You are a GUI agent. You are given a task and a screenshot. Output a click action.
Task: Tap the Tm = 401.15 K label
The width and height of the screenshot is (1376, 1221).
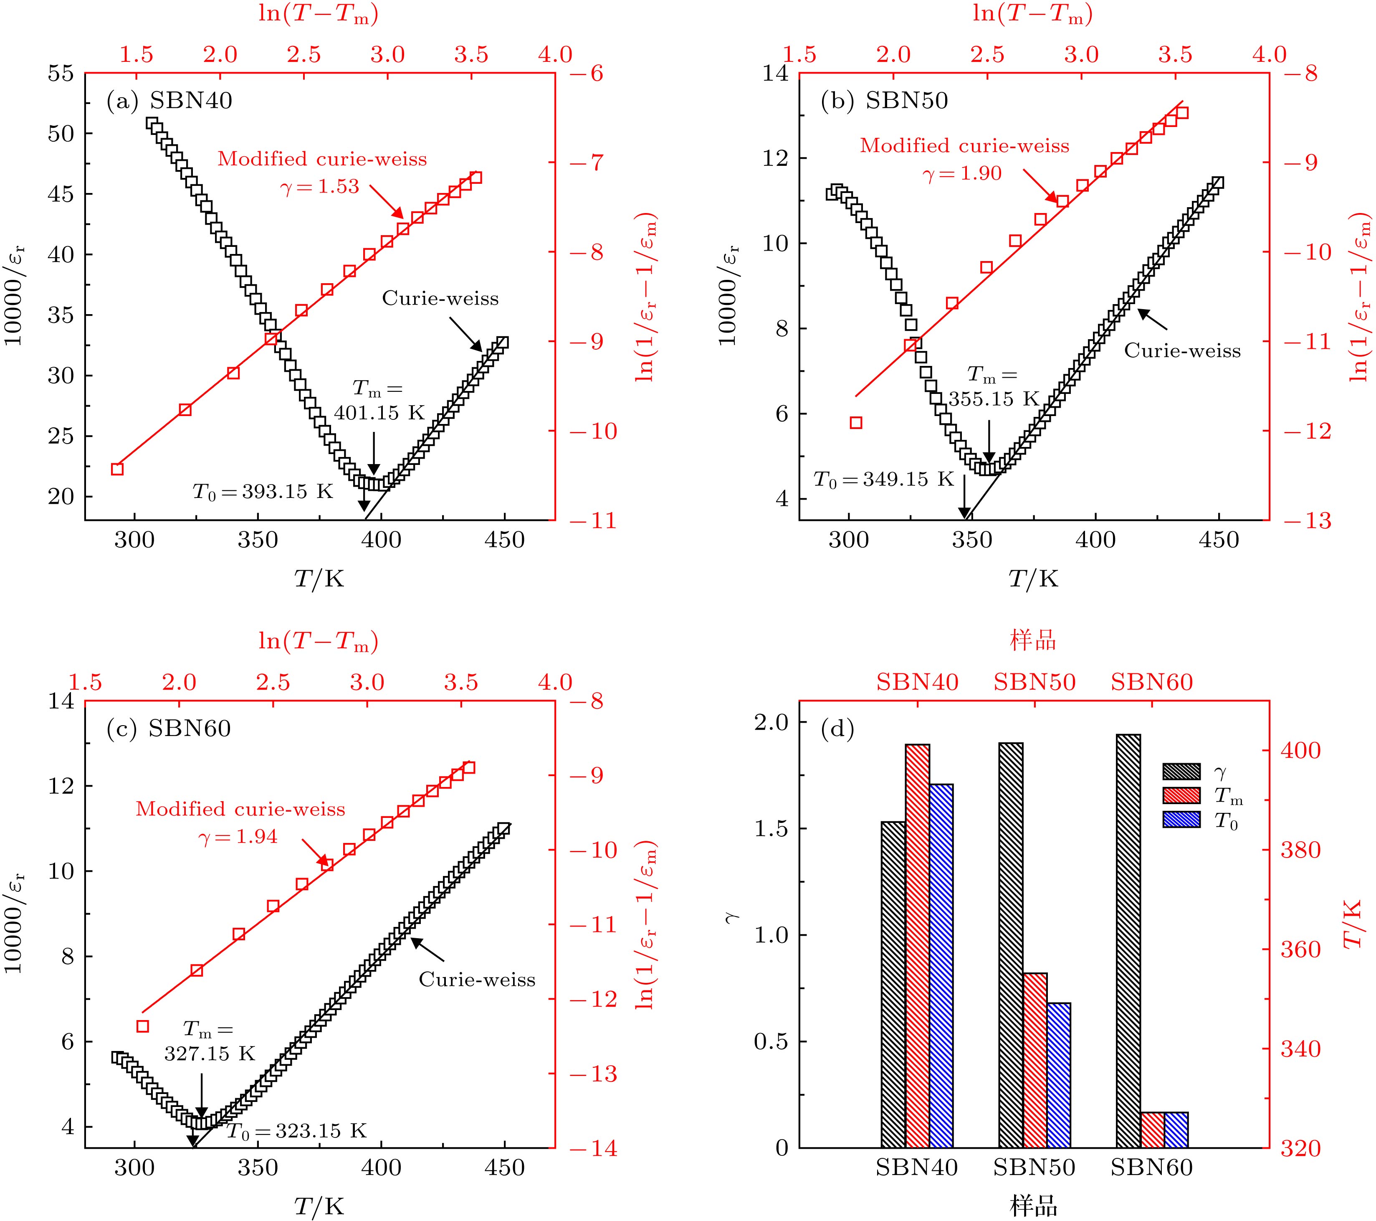[x=379, y=401]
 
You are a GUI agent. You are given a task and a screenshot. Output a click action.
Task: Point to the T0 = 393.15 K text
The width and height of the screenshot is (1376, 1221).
[x=263, y=492]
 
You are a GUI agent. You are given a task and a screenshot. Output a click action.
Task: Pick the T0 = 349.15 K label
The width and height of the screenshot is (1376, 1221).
[x=884, y=480]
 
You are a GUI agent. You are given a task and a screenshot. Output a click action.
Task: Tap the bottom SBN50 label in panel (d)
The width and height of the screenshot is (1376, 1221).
[x=1034, y=1166]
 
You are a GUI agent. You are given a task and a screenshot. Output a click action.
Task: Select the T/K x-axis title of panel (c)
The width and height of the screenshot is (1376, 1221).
[x=319, y=1206]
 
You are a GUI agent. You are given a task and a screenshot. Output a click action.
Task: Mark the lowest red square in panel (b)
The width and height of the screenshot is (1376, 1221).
[x=856, y=423]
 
